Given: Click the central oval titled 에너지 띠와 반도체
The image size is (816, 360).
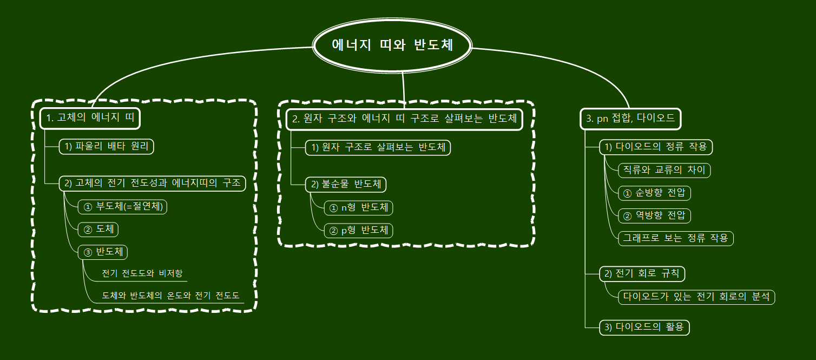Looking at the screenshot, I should (x=393, y=45).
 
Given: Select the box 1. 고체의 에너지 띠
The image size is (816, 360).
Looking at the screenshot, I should (x=90, y=118).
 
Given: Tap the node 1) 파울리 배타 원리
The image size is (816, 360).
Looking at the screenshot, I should (x=106, y=147).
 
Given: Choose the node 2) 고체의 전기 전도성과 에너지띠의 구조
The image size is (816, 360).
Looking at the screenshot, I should (x=152, y=183).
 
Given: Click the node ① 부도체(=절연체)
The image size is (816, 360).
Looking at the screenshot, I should (x=122, y=206).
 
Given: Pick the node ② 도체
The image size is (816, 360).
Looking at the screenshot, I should (x=98, y=229).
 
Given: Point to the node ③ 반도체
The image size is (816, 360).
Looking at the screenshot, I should (x=103, y=252).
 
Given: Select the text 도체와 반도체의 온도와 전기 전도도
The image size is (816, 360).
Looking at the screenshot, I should (x=170, y=296).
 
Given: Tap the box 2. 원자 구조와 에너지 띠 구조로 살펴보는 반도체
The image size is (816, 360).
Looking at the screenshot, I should (x=404, y=119).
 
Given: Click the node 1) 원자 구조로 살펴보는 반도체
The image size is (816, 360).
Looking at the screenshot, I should (x=378, y=147).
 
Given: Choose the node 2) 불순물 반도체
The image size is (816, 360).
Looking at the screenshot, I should (x=346, y=184).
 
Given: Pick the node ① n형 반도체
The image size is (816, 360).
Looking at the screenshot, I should (x=358, y=207).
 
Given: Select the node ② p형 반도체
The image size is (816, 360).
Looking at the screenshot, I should (x=358, y=230).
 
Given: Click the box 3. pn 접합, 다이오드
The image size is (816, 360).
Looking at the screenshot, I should (x=631, y=119).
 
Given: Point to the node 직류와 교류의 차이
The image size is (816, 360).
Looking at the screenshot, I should (x=664, y=170).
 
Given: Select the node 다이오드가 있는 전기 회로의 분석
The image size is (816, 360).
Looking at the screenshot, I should (x=696, y=297).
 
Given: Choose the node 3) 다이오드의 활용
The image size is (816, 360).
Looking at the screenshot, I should (x=644, y=327).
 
